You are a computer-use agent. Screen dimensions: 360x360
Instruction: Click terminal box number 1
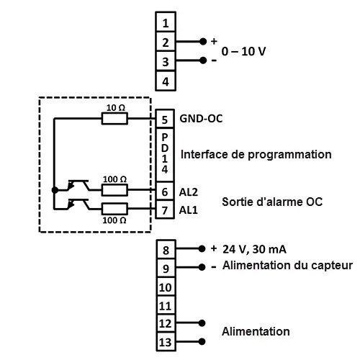pos(166,22)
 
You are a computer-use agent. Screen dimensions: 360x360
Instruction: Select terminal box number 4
pos(166,81)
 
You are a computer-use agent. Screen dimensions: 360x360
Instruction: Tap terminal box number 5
pos(165,119)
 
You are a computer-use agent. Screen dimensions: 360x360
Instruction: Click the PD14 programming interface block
pos(165,155)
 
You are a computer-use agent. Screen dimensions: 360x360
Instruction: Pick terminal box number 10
pos(166,287)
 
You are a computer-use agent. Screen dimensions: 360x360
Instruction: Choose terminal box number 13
pos(166,342)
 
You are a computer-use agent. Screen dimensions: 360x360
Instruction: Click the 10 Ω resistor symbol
pos(114,119)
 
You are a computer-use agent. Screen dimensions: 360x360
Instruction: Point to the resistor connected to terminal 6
pos(114,190)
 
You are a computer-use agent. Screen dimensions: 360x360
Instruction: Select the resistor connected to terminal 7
pos(114,209)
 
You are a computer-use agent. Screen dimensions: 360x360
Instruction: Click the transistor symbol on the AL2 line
pos(78,186)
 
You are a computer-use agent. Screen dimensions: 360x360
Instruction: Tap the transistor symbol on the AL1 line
pos(78,204)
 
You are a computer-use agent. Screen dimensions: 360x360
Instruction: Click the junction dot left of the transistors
pos(55,190)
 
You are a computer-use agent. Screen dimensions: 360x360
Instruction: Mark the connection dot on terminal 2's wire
pos(203,42)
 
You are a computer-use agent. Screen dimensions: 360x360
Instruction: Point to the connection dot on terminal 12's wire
pos(202,323)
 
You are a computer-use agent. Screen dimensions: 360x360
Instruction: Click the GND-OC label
pos(201,119)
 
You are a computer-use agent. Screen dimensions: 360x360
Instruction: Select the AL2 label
pos(189,192)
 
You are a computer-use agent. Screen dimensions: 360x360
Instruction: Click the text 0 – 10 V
pos(243,51)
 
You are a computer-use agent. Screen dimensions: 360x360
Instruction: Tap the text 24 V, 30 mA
pos(254,249)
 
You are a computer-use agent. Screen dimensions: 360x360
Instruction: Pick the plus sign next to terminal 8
pos(214,248)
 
